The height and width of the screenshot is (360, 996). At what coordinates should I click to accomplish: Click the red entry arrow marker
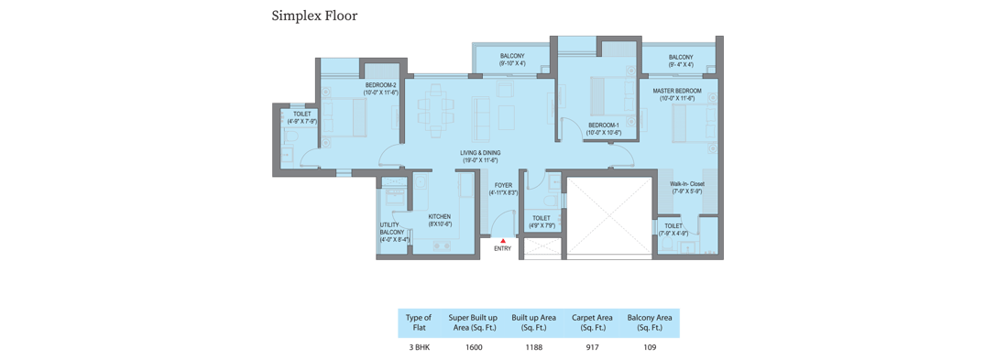pyautogui.click(x=502, y=241)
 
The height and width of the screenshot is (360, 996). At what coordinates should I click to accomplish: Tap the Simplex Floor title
pyautogui.click(x=314, y=16)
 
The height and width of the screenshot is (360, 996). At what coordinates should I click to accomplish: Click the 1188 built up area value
pyautogui.click(x=533, y=347)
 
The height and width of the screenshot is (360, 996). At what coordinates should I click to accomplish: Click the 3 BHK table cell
pyautogui.click(x=419, y=347)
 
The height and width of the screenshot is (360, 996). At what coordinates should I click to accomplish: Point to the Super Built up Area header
pyautogui.click(x=473, y=322)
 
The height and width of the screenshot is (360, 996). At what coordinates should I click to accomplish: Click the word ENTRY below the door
pyautogui.click(x=502, y=249)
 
